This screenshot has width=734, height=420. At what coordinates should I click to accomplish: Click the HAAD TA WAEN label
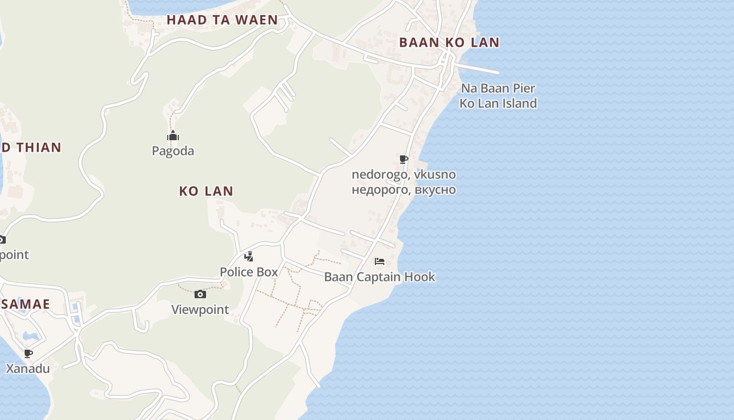(x=222, y=20)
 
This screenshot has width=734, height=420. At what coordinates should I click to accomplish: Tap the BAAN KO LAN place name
(x=449, y=43)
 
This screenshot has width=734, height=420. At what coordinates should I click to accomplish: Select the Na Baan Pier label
(x=498, y=88)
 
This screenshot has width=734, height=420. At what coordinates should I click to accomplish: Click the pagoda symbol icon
(x=173, y=136)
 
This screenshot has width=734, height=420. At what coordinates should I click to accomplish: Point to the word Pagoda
(x=173, y=151)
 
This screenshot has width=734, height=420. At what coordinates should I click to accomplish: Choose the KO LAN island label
(x=206, y=191)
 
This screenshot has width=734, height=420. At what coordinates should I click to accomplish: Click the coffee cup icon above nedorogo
(x=403, y=159)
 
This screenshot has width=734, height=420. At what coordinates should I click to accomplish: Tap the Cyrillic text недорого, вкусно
(x=404, y=190)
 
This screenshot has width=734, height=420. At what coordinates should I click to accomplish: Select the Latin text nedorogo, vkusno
(x=404, y=174)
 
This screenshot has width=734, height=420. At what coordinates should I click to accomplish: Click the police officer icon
(x=249, y=257)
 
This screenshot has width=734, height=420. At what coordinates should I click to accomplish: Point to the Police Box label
(x=249, y=272)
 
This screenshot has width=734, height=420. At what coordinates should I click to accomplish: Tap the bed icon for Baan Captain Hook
(x=380, y=261)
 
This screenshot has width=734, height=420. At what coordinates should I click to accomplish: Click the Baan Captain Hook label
(x=380, y=277)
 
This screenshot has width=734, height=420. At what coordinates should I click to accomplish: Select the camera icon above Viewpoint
(x=200, y=294)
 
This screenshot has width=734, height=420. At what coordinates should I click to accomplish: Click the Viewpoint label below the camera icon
(x=200, y=310)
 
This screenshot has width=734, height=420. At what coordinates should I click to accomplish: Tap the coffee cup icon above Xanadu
(x=28, y=353)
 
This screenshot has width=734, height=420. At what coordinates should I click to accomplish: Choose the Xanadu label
(x=28, y=369)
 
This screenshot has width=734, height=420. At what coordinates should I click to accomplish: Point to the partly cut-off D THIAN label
(x=31, y=148)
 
